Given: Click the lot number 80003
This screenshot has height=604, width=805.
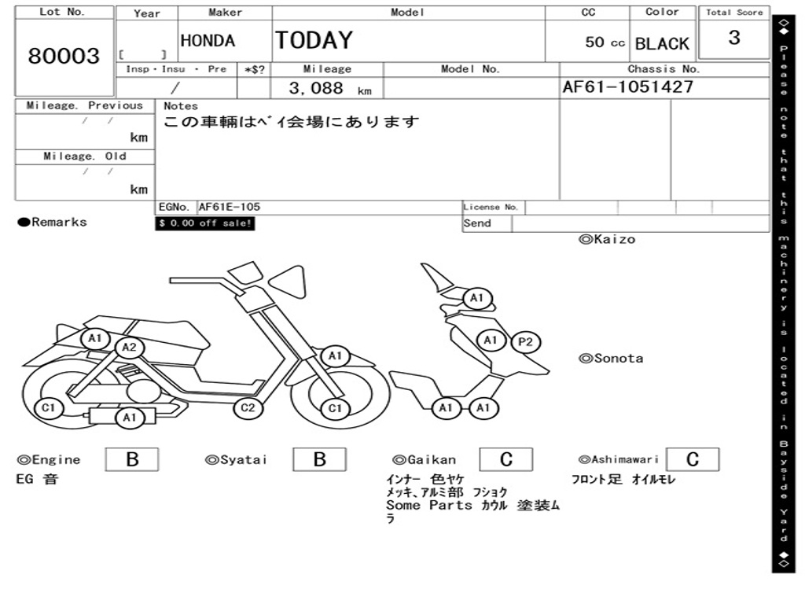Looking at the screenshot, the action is [x=64, y=57].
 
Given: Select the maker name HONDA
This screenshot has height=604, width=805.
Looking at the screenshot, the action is [x=208, y=41].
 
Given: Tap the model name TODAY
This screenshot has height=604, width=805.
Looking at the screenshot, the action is [x=314, y=40].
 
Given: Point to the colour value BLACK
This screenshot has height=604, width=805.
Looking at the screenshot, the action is [x=662, y=44].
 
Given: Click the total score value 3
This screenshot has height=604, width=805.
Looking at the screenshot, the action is [x=734, y=38].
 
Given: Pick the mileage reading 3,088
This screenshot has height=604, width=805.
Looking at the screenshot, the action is [x=316, y=88].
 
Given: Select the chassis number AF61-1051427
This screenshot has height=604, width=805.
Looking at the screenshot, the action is [x=628, y=87].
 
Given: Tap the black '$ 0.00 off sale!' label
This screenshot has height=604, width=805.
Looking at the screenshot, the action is [x=205, y=223].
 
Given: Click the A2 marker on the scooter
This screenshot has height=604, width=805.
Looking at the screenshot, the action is [x=130, y=348].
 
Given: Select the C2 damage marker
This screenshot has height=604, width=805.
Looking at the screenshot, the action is [x=248, y=407].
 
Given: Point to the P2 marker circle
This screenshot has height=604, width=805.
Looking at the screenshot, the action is [x=526, y=342].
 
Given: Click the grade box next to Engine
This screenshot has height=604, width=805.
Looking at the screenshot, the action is [x=132, y=459].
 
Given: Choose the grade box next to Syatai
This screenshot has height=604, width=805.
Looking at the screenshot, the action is [x=319, y=459].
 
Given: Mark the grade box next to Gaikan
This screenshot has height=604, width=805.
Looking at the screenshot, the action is [x=505, y=459].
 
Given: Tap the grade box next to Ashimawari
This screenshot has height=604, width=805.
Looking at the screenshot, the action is [x=692, y=459].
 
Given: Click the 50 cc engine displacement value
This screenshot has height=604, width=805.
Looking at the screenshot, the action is [x=605, y=42].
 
